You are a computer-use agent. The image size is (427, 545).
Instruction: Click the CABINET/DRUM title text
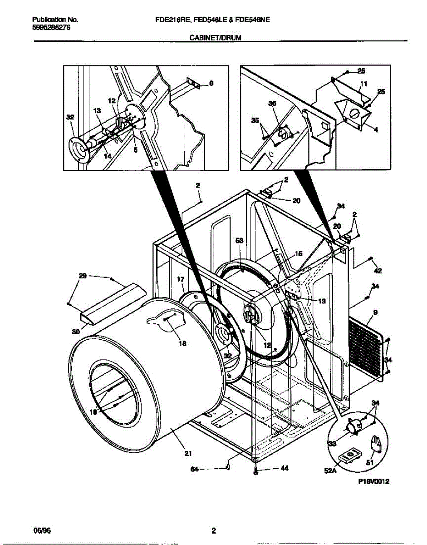[215, 39]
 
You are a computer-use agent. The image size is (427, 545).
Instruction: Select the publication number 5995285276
[51, 28]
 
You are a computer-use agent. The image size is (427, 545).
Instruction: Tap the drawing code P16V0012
[371, 482]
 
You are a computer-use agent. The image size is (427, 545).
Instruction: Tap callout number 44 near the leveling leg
[285, 468]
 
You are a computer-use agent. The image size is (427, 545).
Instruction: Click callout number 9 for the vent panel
[376, 312]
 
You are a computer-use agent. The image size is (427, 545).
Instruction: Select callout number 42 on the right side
[378, 271]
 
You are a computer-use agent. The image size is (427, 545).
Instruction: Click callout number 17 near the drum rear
[180, 279]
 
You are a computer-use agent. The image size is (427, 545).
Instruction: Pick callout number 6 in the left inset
[211, 83]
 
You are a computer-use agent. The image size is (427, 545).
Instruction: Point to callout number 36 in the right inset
[272, 104]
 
